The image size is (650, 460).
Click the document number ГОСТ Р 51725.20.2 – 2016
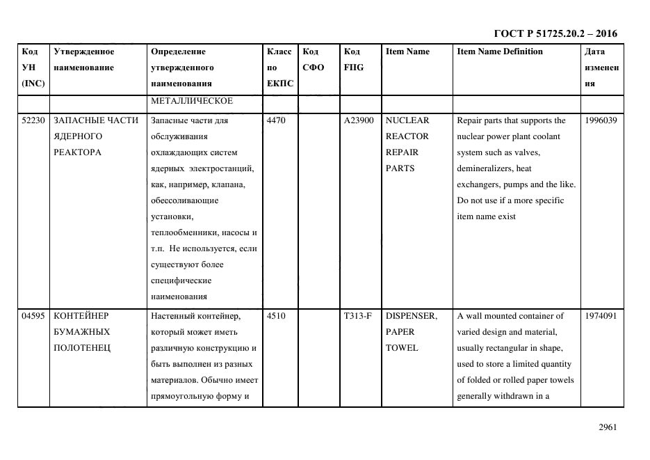click(555, 33)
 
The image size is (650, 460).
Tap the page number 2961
click(608, 427)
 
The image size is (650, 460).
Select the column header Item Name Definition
click(499, 51)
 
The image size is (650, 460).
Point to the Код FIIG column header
click(353, 59)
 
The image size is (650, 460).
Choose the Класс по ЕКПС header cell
click(280, 68)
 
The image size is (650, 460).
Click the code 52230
click(33, 120)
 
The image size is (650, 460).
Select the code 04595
click(33, 316)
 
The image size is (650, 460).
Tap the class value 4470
click(276, 120)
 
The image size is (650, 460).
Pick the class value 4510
click(276, 316)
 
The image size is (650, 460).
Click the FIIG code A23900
click(359, 120)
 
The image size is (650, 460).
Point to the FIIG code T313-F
click(357, 316)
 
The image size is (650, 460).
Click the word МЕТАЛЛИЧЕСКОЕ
click(191, 102)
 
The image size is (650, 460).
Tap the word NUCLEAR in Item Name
click(407, 120)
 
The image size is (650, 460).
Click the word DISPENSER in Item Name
click(411, 316)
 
